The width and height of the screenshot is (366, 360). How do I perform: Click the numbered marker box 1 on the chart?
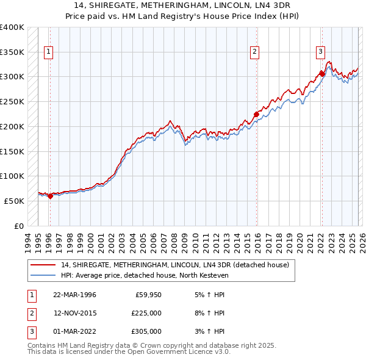coord(48,52)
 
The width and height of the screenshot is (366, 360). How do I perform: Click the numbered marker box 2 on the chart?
coord(254,52)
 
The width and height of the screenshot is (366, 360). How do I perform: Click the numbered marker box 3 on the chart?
coord(320,52)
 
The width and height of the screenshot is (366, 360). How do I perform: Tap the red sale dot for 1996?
coord(50,196)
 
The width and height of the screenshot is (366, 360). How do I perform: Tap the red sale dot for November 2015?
coord(257,114)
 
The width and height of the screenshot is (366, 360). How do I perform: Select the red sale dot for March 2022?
coord(321,74)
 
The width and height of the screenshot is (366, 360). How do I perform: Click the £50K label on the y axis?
coord(14,201)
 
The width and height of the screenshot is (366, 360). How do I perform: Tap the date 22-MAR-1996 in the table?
coord(74,295)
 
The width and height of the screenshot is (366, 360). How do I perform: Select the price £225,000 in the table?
coord(146,313)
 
